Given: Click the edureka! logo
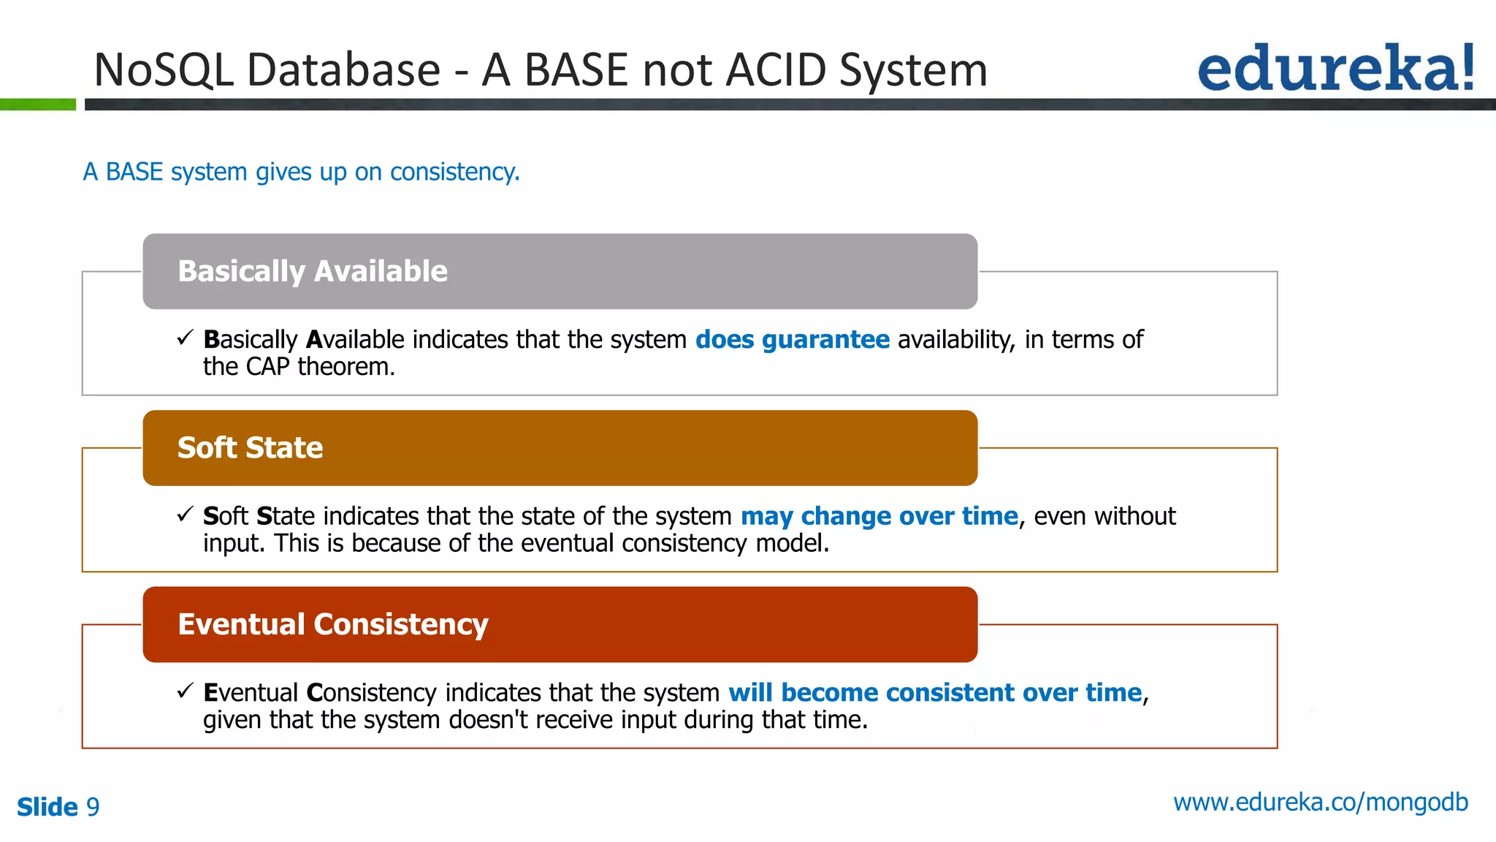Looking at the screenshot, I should [x=1335, y=68].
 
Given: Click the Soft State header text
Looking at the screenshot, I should [x=250, y=447].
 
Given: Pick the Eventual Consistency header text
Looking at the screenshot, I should [x=332, y=624].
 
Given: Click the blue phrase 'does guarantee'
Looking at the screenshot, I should [x=792, y=340].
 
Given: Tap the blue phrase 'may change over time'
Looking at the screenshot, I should [x=879, y=516].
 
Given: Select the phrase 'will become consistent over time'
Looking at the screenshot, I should [x=934, y=692].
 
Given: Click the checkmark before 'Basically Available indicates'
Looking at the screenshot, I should [x=185, y=338].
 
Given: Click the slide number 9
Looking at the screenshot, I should [x=93, y=807].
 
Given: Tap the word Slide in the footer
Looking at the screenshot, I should [x=47, y=807].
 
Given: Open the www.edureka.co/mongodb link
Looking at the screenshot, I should [x=1320, y=803].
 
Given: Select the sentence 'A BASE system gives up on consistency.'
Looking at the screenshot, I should [x=301, y=172].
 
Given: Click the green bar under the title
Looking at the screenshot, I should [x=38, y=105].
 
